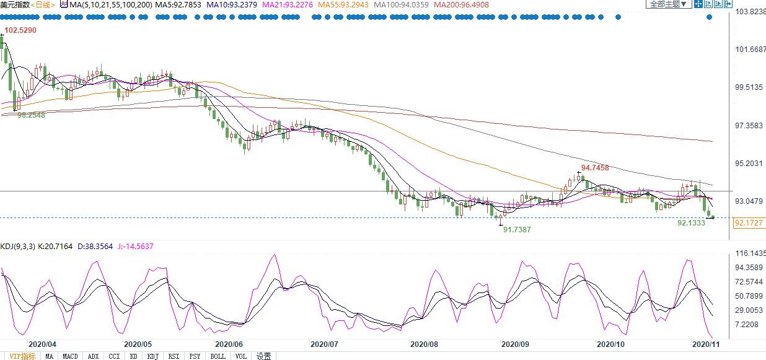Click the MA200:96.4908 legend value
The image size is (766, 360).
[461, 5]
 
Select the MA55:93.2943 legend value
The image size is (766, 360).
[343, 5]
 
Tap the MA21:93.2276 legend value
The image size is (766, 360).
[288, 5]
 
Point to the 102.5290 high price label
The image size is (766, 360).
[20, 30]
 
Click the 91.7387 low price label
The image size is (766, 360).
[517, 229]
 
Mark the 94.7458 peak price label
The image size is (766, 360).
[595, 167]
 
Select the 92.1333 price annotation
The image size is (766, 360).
[691, 223]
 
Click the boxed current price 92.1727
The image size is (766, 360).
[749, 223]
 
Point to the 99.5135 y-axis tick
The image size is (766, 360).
[749, 87]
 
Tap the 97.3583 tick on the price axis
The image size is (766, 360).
[749, 125]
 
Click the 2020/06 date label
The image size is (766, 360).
[229, 345]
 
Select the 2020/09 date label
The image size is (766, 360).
[515, 345]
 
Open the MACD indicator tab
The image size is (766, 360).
[70, 356]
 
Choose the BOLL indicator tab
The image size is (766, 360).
[218, 356]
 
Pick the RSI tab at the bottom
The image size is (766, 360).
[174, 356]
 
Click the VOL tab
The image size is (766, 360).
[240, 356]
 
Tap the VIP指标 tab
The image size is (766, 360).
[22, 356]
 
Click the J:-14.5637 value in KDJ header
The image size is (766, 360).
[136, 246]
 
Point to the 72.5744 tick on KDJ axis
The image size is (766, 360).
[749, 282]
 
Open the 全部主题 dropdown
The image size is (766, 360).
[668, 4]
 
